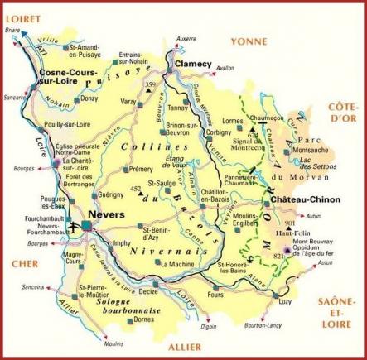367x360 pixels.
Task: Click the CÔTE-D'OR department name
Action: coord(340,113)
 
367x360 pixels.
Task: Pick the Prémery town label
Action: coord(142,169)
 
